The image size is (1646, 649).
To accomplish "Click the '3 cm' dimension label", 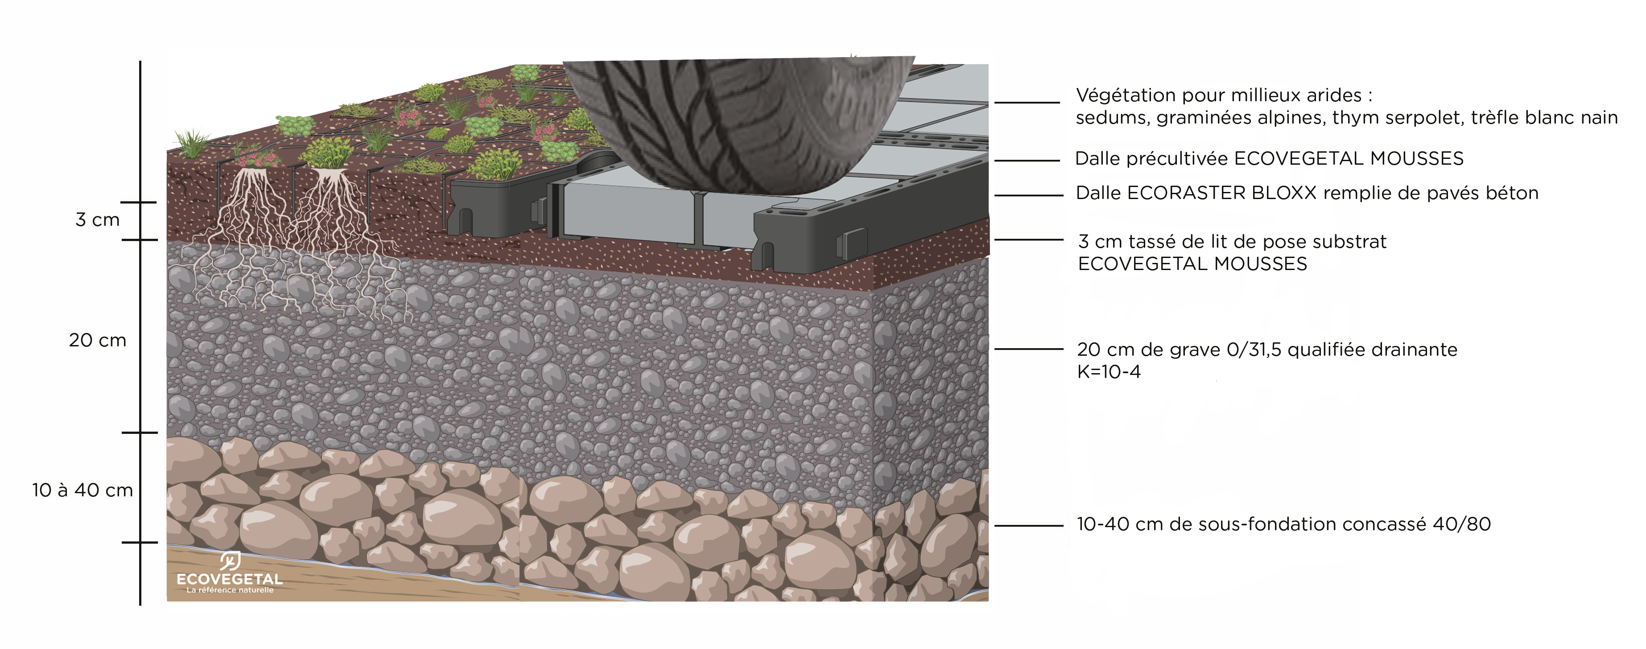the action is pos(97,220).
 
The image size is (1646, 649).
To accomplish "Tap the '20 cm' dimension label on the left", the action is pos(97,340).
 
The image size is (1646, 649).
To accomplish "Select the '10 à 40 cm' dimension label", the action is pos(83,491).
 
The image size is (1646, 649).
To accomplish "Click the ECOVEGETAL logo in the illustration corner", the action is pos(229,572).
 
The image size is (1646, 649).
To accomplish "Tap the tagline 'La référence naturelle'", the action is pos(230,590).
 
